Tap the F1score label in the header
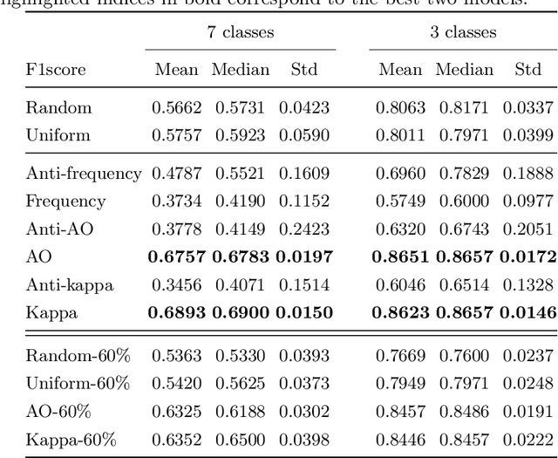[57, 70]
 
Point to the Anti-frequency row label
[84, 174]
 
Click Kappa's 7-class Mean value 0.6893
[177, 311]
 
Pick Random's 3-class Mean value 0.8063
[400, 108]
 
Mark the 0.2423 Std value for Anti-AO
[303, 229]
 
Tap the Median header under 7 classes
[240, 70]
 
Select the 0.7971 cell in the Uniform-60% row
[464, 383]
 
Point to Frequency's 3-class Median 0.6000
[464, 202]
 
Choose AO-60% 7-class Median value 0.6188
[240, 411]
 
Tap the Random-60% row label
[77, 355]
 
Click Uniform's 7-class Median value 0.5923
[240, 136]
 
